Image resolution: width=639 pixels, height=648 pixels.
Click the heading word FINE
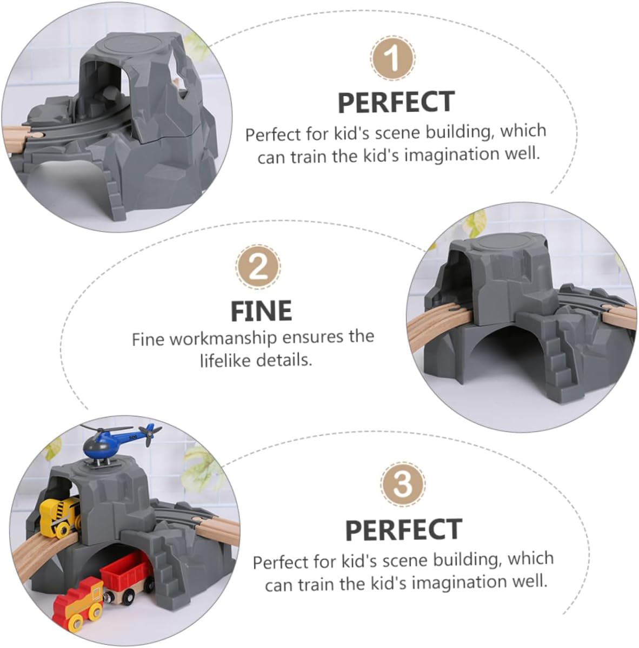coord(261,311)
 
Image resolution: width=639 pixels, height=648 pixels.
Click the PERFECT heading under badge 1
coord(396,102)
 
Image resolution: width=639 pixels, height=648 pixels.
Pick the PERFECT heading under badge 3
coord(403,530)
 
